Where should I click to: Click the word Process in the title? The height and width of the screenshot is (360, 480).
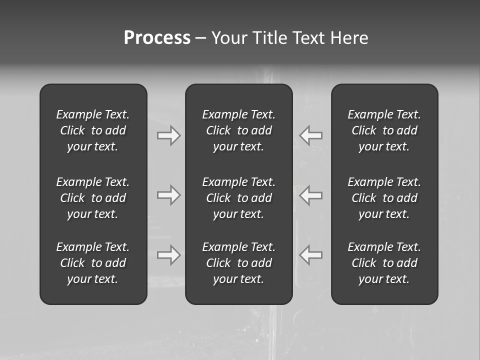(x=157, y=38)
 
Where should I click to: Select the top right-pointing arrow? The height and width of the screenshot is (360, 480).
(x=168, y=135)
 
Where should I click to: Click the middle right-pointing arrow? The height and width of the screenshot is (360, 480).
(x=168, y=195)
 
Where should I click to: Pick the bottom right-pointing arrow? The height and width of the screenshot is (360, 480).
(x=168, y=255)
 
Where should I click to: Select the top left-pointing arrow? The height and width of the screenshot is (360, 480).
(x=311, y=135)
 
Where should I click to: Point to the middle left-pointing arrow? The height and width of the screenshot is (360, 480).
(x=311, y=195)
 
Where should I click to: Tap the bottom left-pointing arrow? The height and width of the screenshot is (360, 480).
(x=311, y=255)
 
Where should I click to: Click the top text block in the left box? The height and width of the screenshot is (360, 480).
(x=93, y=130)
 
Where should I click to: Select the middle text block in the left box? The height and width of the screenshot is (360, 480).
(x=93, y=198)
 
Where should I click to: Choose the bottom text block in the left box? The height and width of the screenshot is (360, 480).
(x=93, y=263)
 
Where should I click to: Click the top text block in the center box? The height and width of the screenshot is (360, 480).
(x=238, y=130)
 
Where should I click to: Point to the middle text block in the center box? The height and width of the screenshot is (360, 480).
(x=238, y=198)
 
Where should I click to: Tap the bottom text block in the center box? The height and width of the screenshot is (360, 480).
(x=238, y=263)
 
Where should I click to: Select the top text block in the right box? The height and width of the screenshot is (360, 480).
(x=384, y=130)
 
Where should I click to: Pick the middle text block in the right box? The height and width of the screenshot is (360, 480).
(x=384, y=198)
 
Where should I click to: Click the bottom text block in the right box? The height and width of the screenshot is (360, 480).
(x=384, y=263)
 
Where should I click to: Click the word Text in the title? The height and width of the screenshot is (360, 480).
(x=308, y=38)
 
